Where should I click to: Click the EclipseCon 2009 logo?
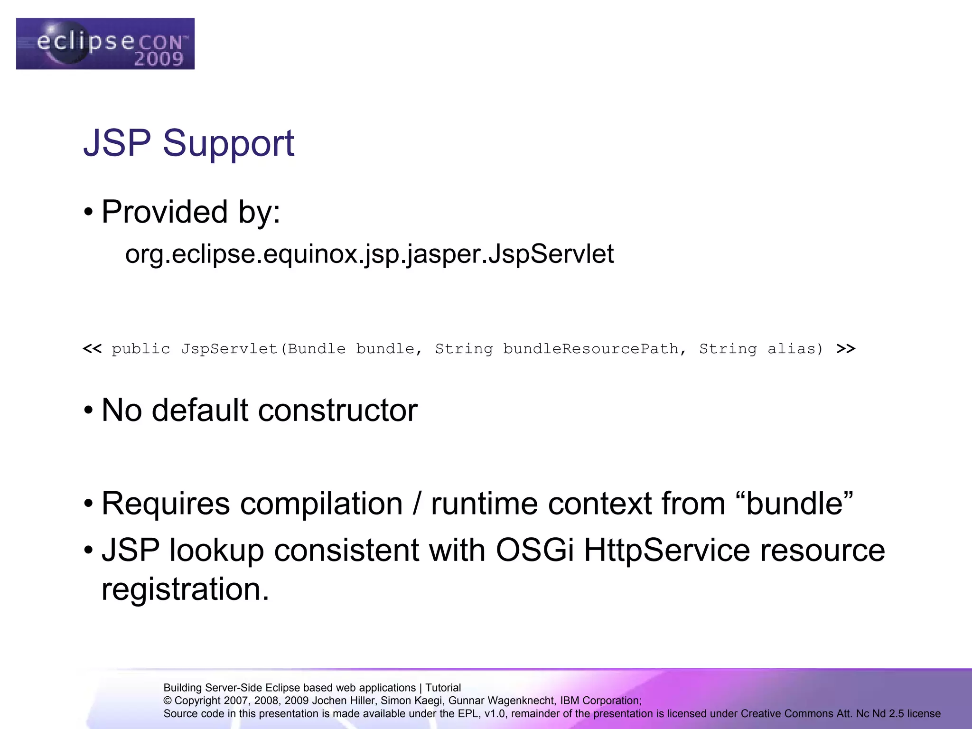coord(105,44)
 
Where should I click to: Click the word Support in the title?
coord(228,143)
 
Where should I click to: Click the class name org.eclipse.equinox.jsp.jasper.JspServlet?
coord(369,254)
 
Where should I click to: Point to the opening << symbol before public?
coord(92,349)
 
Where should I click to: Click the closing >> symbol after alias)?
coord(846,349)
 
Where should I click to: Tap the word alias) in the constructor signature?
coord(795,349)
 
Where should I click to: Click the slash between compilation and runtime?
coord(417,504)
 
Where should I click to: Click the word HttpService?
coord(667,551)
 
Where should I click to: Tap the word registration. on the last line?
coord(185,589)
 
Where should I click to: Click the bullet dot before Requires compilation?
coord(88,505)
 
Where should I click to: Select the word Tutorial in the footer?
coord(443,688)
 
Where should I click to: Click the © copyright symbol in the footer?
coord(168,701)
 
